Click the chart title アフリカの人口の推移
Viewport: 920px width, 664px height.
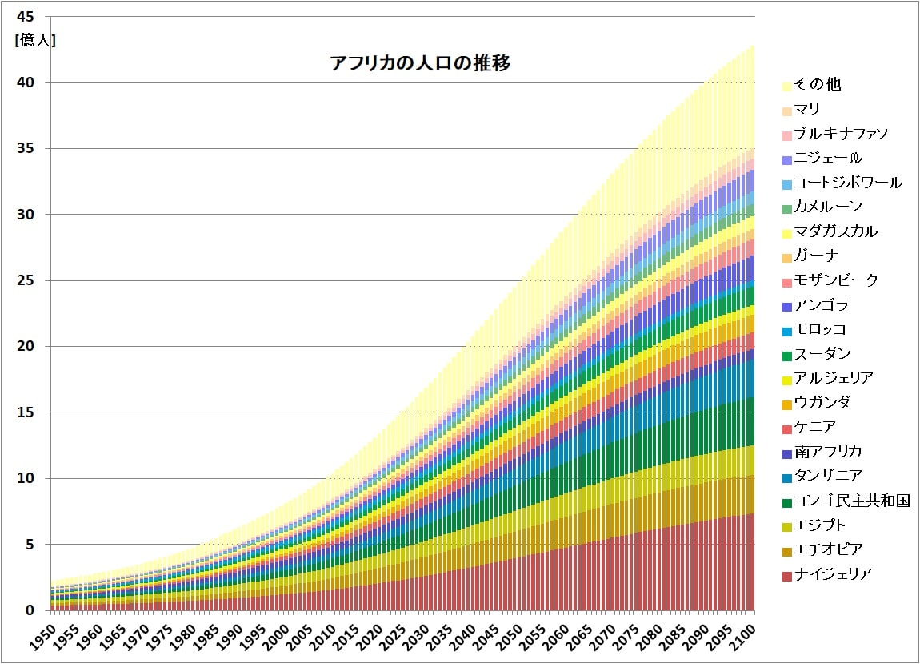pyautogui.click(x=421, y=64)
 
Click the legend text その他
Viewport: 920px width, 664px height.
pyautogui.click(x=817, y=84)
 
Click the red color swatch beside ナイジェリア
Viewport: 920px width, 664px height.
pyautogui.click(x=786, y=575)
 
